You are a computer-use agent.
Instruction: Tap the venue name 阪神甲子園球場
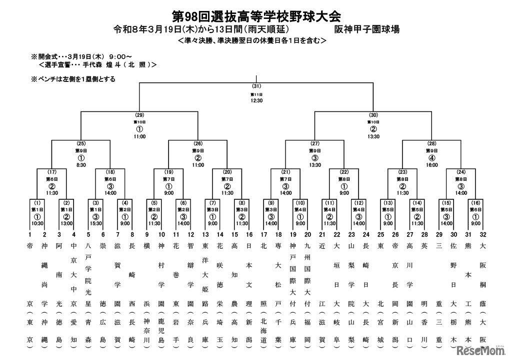pyautogui.click(x=367, y=29)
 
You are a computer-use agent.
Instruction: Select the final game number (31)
pyautogui.click(x=256, y=86)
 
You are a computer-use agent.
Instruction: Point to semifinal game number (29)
pyautogui.click(x=139, y=115)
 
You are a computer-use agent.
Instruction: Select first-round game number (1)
pyautogui.click(x=37, y=202)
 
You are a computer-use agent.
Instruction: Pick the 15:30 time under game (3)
pyautogui.click(x=95, y=224)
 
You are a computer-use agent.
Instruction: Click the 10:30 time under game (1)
pyautogui.click(x=37, y=224)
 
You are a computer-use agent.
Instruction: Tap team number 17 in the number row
pyautogui.click(x=264, y=234)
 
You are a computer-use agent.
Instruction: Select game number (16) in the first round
pyautogui.click(x=476, y=202)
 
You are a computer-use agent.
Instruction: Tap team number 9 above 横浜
pyautogui.click(x=147, y=234)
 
